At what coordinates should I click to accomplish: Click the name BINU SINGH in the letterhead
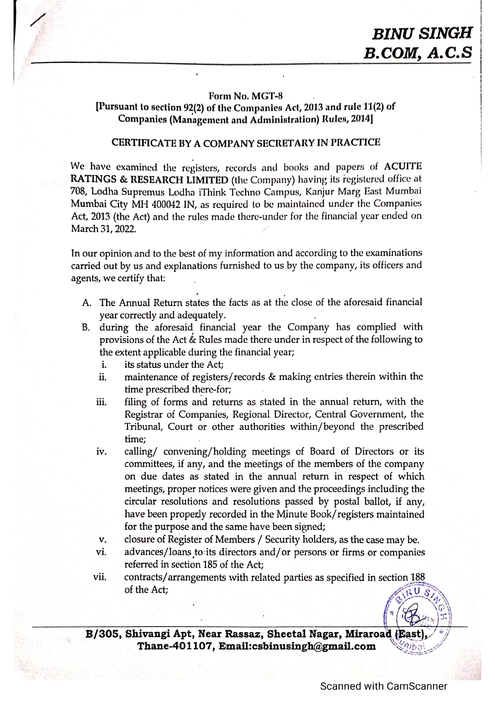tap(422, 34)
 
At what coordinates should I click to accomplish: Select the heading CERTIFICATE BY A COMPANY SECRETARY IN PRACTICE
tap(246, 143)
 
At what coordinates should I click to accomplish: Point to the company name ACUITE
tap(403, 167)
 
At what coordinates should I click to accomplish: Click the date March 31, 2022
tap(103, 229)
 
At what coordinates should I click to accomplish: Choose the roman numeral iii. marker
tap(102, 402)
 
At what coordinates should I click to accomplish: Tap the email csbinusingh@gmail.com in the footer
tap(312, 646)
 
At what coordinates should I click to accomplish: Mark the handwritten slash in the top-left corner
tap(38, 20)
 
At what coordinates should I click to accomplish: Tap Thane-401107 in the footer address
tap(174, 646)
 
